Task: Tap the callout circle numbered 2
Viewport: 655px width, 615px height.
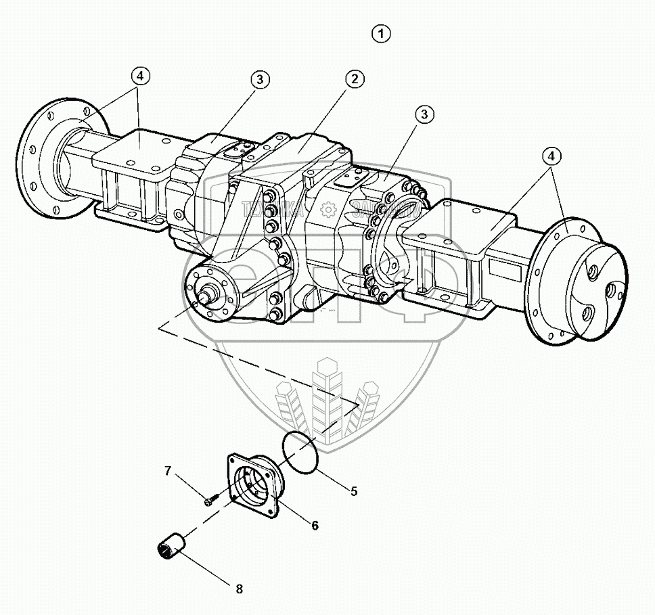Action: click(353, 79)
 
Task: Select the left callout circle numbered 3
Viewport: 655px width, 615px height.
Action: click(261, 79)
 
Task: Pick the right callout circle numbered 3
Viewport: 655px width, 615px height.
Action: click(424, 114)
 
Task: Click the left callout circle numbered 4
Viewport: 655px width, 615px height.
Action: click(139, 76)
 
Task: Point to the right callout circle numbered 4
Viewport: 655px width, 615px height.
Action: click(551, 156)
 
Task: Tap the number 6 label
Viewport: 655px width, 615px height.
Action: click(314, 524)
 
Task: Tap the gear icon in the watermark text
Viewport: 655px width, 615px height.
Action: click(327, 210)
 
